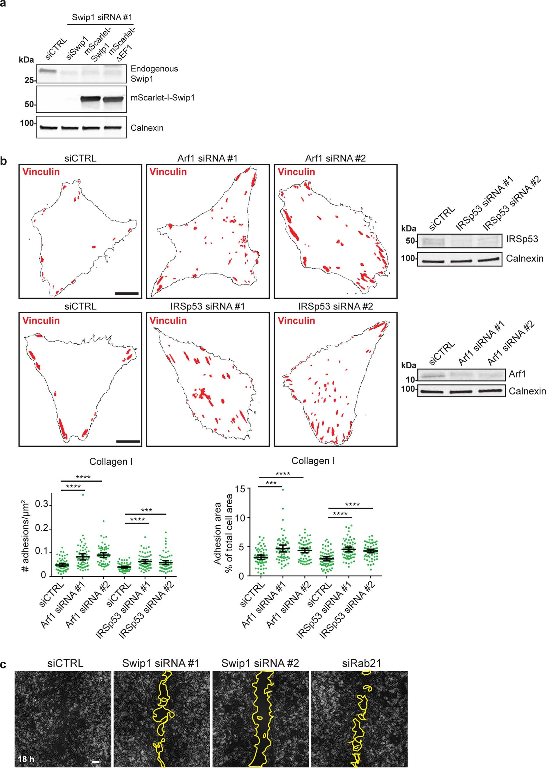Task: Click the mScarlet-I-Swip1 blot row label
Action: [162, 98]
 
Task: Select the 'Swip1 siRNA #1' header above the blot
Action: [102, 17]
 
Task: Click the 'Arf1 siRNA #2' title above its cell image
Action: [335, 158]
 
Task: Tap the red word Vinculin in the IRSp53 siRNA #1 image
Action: [168, 320]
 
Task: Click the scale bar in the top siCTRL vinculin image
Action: [127, 294]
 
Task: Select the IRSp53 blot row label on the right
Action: [522, 239]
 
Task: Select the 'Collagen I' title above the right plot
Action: [313, 461]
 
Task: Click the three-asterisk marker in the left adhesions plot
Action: [147, 510]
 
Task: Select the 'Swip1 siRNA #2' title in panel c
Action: [260, 663]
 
